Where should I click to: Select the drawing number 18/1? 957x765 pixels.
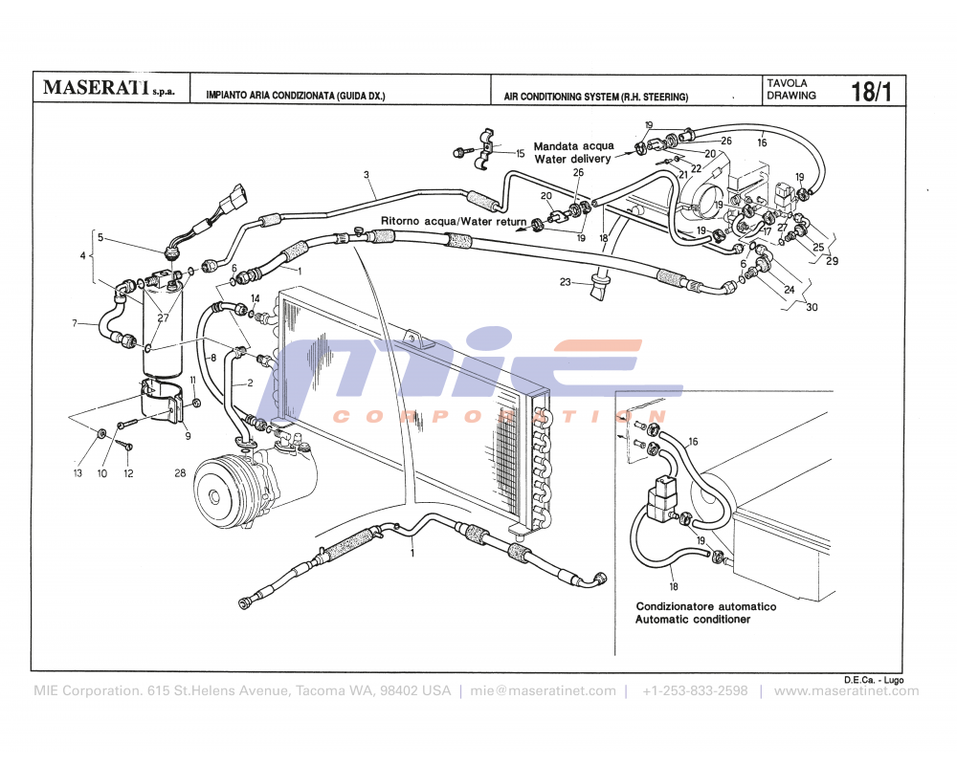click(871, 92)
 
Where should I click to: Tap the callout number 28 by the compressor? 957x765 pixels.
click(180, 472)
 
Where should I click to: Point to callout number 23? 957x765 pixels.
click(566, 281)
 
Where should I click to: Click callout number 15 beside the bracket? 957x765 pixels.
click(521, 153)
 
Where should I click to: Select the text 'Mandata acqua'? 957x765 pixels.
click(574, 146)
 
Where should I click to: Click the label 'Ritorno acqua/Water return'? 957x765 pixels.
click(453, 221)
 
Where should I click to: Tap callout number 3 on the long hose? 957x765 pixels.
click(367, 175)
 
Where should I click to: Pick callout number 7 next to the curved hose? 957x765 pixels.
click(75, 324)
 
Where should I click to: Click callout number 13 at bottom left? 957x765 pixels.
click(79, 472)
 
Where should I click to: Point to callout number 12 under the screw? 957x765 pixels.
click(128, 472)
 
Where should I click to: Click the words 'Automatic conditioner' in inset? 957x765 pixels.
click(693, 620)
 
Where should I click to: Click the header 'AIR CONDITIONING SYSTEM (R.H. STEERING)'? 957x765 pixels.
click(595, 97)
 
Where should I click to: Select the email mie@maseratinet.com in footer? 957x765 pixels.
click(543, 691)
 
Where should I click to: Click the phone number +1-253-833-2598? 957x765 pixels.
click(695, 691)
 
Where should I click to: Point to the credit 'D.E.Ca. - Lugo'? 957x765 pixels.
click(873, 679)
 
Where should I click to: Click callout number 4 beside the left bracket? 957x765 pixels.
click(83, 255)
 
